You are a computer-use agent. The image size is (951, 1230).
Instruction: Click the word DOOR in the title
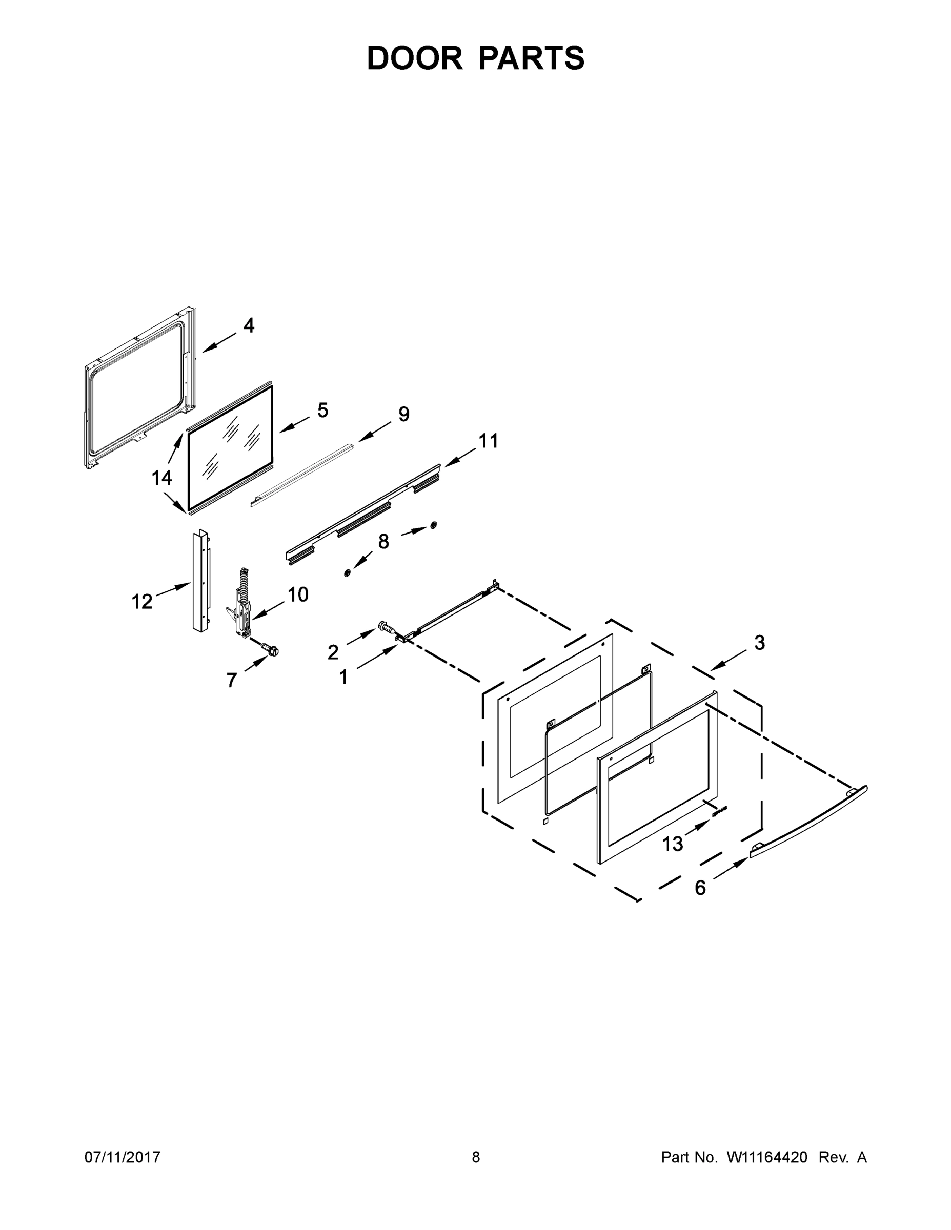pyautogui.click(x=414, y=58)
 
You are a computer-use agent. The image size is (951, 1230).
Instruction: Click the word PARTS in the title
pyautogui.click(x=531, y=58)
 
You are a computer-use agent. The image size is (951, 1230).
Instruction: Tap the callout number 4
pyautogui.click(x=249, y=325)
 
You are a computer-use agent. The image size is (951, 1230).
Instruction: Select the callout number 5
pyautogui.click(x=322, y=410)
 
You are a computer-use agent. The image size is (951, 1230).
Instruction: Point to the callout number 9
pyautogui.click(x=404, y=414)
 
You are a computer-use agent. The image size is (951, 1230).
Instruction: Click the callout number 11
pyautogui.click(x=489, y=441)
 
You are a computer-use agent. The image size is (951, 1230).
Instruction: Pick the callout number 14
pyautogui.click(x=161, y=478)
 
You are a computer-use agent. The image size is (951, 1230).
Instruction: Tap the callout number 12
pyautogui.click(x=142, y=602)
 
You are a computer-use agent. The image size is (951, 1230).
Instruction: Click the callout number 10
pyautogui.click(x=298, y=594)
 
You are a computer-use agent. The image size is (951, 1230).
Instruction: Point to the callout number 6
pyautogui.click(x=700, y=888)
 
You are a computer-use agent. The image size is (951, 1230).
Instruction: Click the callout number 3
pyautogui.click(x=759, y=643)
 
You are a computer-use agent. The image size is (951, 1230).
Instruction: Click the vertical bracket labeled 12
pyautogui.click(x=199, y=580)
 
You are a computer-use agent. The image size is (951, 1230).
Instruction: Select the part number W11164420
pyautogui.click(x=767, y=1157)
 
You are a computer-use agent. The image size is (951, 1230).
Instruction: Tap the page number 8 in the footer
pyautogui.click(x=476, y=1157)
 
